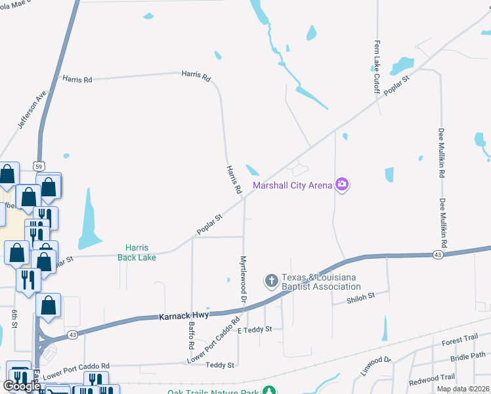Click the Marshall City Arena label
point(293,185)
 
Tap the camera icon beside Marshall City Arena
point(341,185)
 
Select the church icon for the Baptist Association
point(271,281)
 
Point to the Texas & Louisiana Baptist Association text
point(321,282)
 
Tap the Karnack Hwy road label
point(184,316)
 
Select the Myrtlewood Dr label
point(244,278)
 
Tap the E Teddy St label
point(255,329)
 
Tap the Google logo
point(21,385)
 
